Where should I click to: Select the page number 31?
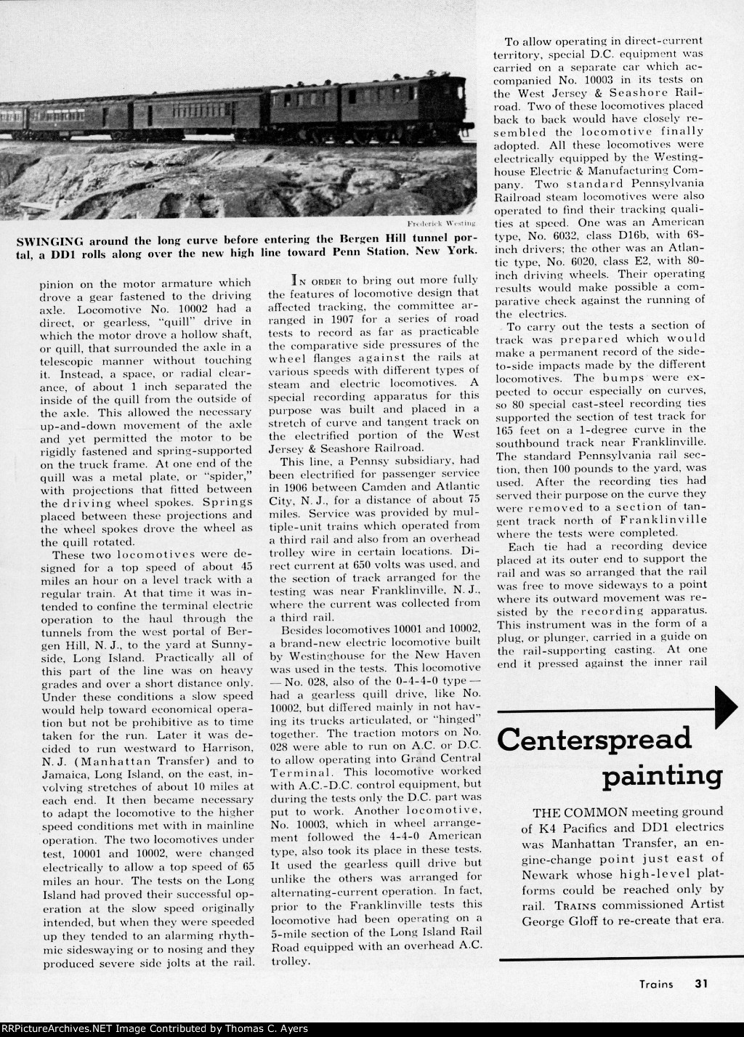pos(700,984)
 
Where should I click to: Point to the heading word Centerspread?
pos(594,739)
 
